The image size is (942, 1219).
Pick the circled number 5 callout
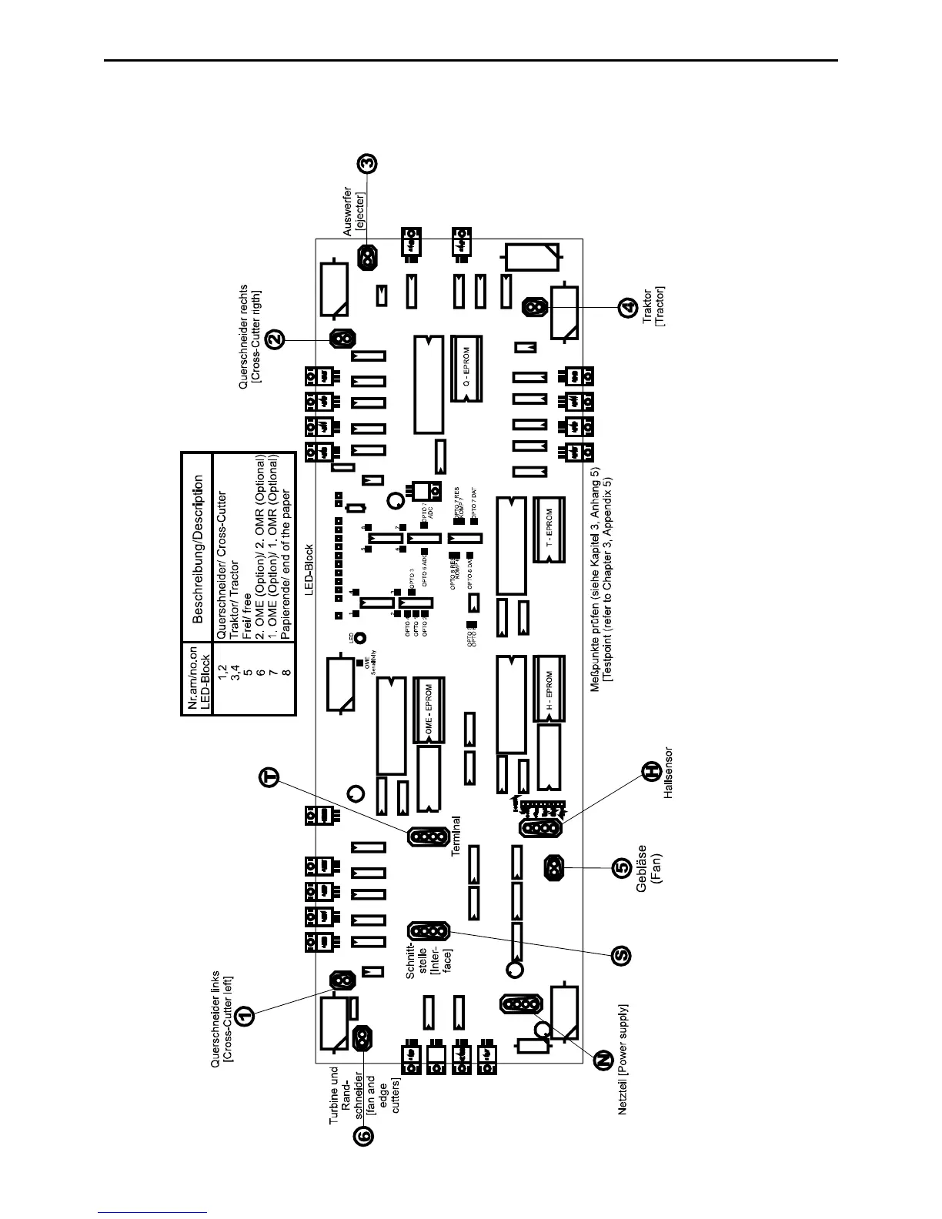[622, 868]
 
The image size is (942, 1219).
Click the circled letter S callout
[622, 955]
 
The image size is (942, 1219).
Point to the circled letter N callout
[600, 1061]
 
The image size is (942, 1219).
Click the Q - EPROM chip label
[466, 369]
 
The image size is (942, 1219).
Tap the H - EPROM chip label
[549, 690]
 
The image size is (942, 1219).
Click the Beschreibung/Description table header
[199, 548]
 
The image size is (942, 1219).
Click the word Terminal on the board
[456, 837]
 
